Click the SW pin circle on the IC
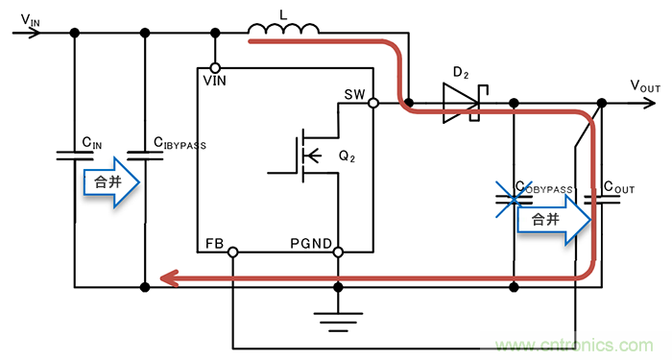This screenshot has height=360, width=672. [x=372, y=102]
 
